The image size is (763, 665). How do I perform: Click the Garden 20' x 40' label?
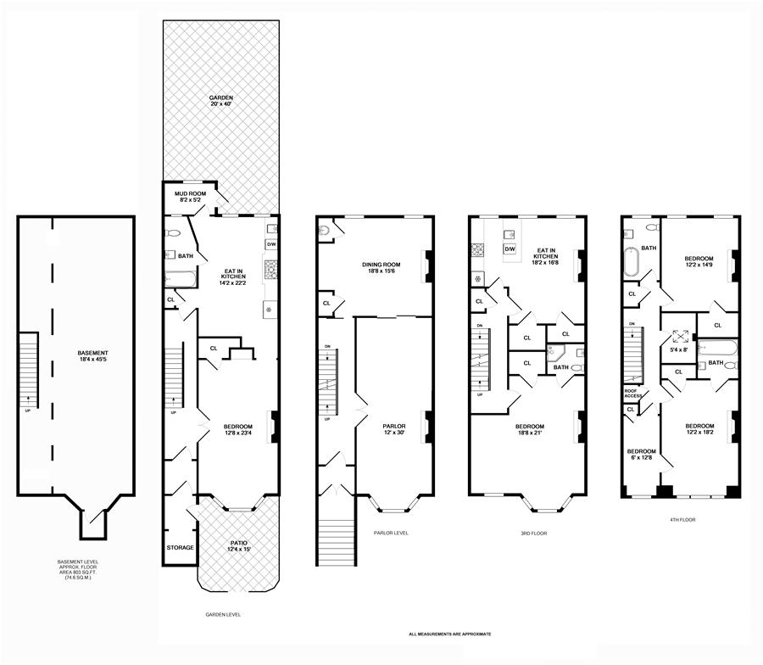(221, 101)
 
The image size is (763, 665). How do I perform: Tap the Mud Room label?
(191, 197)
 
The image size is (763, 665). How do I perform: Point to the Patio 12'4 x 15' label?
(238, 546)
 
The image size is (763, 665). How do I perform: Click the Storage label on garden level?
(180, 548)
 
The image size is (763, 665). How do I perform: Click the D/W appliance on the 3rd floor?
(510, 249)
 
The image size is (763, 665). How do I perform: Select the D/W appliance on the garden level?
(271, 244)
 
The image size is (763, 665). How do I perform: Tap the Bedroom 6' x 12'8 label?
(641, 455)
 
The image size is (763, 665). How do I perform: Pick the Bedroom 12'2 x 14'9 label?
(700, 261)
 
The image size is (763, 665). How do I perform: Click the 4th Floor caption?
(682, 519)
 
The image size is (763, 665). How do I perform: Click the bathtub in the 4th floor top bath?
(632, 264)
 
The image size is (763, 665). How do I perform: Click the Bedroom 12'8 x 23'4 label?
(238, 429)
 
